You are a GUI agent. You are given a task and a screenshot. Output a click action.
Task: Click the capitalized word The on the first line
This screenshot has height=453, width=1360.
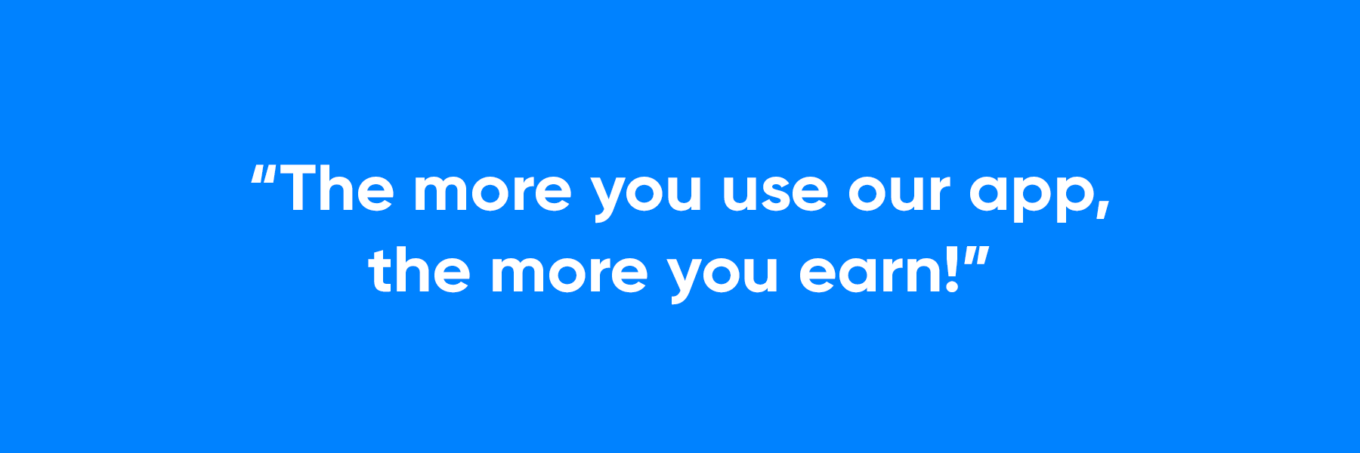pos(337,188)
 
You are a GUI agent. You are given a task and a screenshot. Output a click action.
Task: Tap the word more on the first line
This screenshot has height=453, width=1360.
pos(493,192)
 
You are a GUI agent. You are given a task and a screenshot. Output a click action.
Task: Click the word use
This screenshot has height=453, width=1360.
pos(775,193)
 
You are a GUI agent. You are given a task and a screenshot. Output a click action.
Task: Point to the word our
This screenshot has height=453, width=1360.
pos(898,193)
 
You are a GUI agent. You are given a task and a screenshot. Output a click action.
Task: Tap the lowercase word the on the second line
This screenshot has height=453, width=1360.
pos(419,270)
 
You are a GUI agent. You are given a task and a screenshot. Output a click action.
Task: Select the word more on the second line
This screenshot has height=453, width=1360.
pos(569,273)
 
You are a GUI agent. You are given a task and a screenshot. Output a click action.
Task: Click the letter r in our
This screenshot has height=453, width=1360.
pos(938,193)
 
